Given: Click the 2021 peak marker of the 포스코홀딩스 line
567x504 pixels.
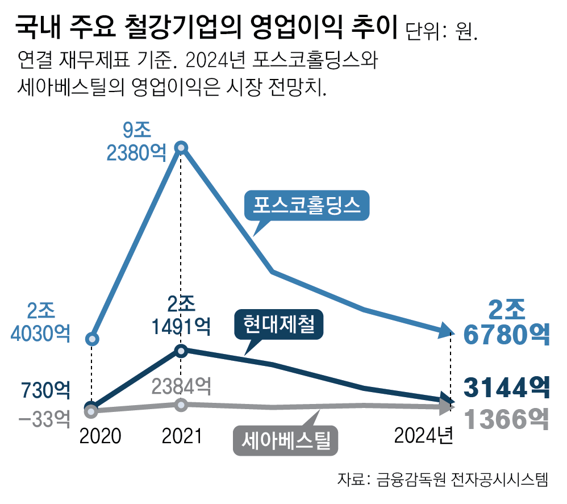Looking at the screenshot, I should pyautogui.click(x=181, y=148).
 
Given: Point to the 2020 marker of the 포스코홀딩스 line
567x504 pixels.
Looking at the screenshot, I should pyautogui.click(x=92, y=339).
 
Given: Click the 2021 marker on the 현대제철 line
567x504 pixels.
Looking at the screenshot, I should pyautogui.click(x=181, y=351).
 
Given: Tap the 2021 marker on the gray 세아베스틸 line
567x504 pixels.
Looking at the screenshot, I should pyautogui.click(x=181, y=405).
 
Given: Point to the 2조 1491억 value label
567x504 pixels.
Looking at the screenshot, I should pyautogui.click(x=181, y=315).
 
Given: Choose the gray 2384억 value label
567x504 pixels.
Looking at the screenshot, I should pyautogui.click(x=181, y=386).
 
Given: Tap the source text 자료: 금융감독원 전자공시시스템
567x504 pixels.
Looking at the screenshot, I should pyautogui.click(x=443, y=479).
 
